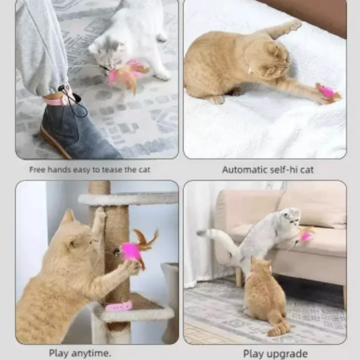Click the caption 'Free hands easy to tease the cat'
pos(90,170)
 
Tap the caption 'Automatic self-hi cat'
pos(268,170)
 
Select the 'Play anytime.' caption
pos(80,353)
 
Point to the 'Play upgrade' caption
pos(275,354)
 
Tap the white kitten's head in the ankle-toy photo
pos(107,52)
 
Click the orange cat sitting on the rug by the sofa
pos(266,296)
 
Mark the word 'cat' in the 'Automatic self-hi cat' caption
pos(306,170)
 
